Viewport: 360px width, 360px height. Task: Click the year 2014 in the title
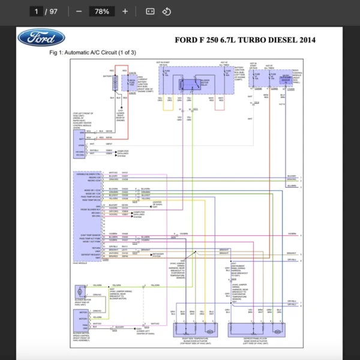click(304, 40)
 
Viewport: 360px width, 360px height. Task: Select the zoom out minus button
click(79, 11)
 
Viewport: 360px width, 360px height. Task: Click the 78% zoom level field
click(101, 11)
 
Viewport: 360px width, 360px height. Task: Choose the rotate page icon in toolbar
click(167, 11)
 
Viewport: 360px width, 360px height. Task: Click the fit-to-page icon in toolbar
click(150, 11)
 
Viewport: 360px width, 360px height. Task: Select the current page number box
click(37, 11)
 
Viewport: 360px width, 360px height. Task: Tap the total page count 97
click(54, 11)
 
